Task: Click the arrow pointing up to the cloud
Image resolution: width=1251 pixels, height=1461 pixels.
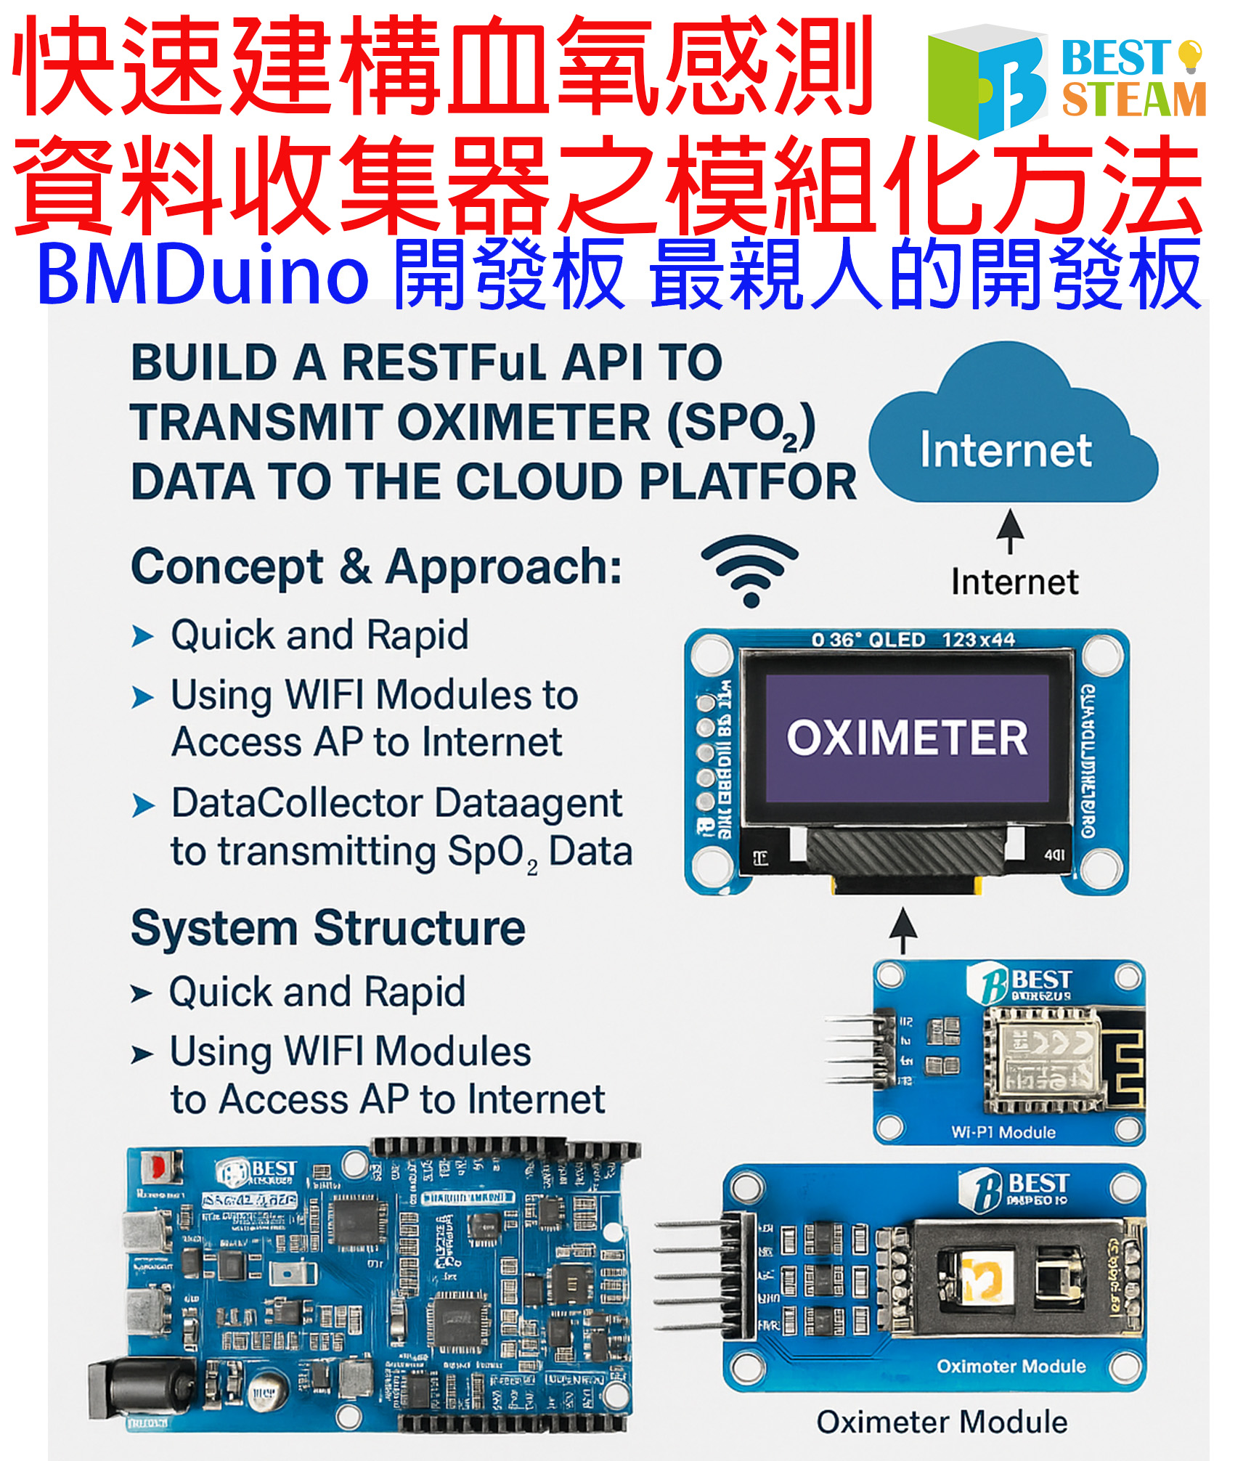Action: (1010, 531)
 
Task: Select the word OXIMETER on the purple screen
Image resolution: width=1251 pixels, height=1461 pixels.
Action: (907, 738)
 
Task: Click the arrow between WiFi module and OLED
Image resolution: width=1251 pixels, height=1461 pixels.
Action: (902, 929)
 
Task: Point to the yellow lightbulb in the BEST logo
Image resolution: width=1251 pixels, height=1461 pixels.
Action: (1189, 55)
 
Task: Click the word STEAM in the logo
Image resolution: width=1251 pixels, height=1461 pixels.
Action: (1133, 99)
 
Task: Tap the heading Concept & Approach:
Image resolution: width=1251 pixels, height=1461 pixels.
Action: (376, 566)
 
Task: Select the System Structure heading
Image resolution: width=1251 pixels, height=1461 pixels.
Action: (327, 928)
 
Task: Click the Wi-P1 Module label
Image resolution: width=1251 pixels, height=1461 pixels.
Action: (1003, 1132)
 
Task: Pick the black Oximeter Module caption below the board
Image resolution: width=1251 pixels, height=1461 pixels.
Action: (942, 1422)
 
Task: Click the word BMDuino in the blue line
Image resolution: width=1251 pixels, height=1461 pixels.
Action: (203, 275)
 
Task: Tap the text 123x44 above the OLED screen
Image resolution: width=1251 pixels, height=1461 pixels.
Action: (978, 640)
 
